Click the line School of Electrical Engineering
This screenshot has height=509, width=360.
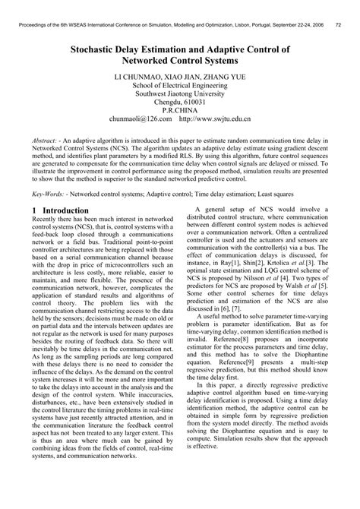click(x=179, y=89)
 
